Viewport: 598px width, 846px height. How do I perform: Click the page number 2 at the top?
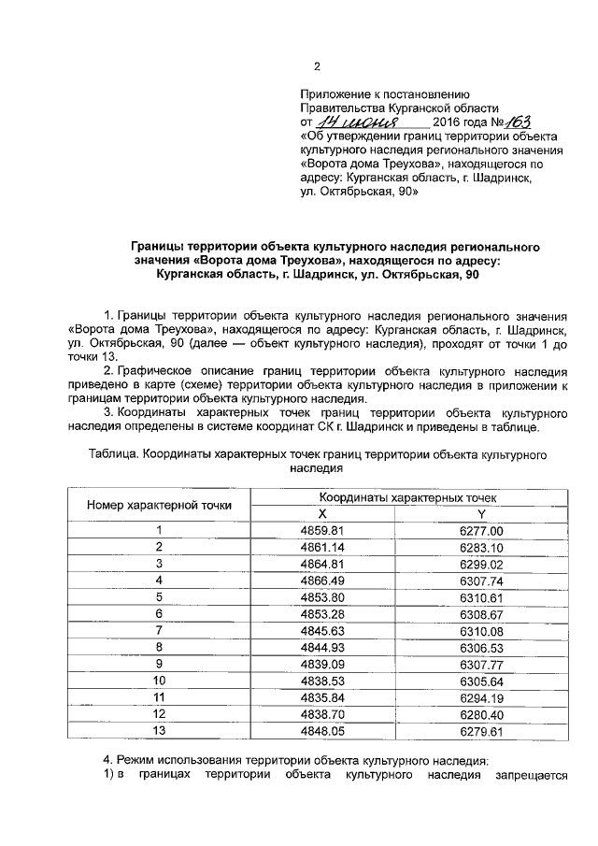click(317, 66)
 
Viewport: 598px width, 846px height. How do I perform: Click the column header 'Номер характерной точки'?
click(160, 505)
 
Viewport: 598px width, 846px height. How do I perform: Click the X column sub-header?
click(323, 513)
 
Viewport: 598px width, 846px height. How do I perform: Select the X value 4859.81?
click(323, 530)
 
